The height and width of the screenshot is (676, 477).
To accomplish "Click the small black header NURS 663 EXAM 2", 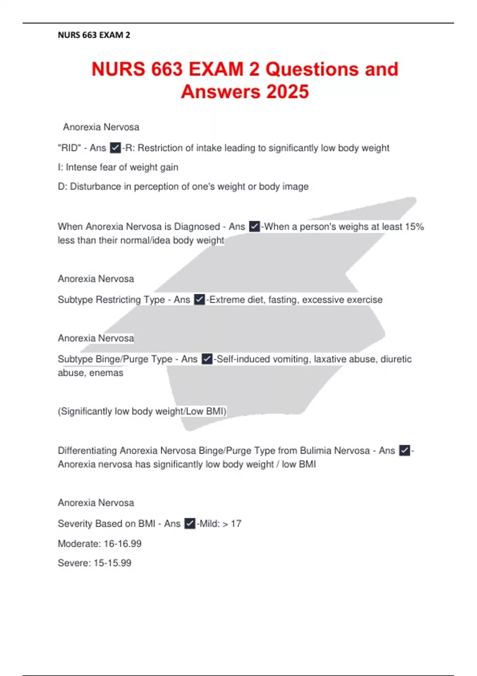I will coord(94,35).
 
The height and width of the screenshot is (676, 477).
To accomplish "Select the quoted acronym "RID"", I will coord(69,148).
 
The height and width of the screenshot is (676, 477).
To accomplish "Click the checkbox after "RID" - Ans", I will coord(115,148).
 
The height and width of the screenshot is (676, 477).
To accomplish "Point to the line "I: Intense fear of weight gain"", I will coord(118,167).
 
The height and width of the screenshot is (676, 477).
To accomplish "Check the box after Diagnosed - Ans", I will coord(254,227).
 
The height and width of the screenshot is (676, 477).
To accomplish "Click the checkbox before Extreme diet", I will coord(200,299).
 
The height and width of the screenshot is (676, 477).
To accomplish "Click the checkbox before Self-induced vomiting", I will coord(207,359).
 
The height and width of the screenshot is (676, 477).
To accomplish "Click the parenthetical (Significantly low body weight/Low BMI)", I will coord(142,411).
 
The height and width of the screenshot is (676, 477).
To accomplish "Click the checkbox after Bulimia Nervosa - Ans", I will coord(404,451).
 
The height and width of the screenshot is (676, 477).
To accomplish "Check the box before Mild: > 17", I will coord(190,524).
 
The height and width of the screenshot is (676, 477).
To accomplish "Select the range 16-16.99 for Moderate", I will coord(122,544).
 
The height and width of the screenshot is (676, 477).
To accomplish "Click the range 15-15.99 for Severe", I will coord(112,563).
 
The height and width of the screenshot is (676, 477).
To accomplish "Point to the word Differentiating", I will coord(87,451).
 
